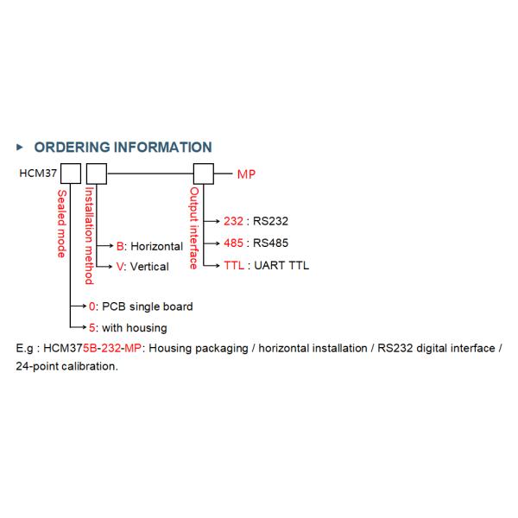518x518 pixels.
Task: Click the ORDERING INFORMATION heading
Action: coord(123,148)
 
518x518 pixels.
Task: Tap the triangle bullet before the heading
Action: coord(20,147)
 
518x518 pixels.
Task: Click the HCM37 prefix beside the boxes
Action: coord(38,174)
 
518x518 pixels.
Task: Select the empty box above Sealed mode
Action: coord(71,174)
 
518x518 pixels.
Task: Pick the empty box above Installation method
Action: coord(97,174)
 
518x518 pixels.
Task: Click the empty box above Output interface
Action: coord(204,174)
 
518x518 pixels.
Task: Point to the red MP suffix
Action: coord(246,174)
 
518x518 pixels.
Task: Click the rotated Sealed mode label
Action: coord(62,224)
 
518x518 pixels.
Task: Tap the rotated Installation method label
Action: coord(89,236)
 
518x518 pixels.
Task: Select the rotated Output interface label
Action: coord(194,228)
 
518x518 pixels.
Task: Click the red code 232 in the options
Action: coord(234,221)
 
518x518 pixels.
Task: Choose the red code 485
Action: coord(234,243)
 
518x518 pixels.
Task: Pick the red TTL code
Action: coord(234,266)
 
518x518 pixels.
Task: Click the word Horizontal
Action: coord(156,246)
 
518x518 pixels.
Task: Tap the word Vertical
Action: coord(149,267)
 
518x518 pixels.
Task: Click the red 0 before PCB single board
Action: coord(92,306)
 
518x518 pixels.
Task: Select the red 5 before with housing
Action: coord(92,328)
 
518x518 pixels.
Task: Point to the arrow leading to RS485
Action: coord(212,243)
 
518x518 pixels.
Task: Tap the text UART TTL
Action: coord(281,266)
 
